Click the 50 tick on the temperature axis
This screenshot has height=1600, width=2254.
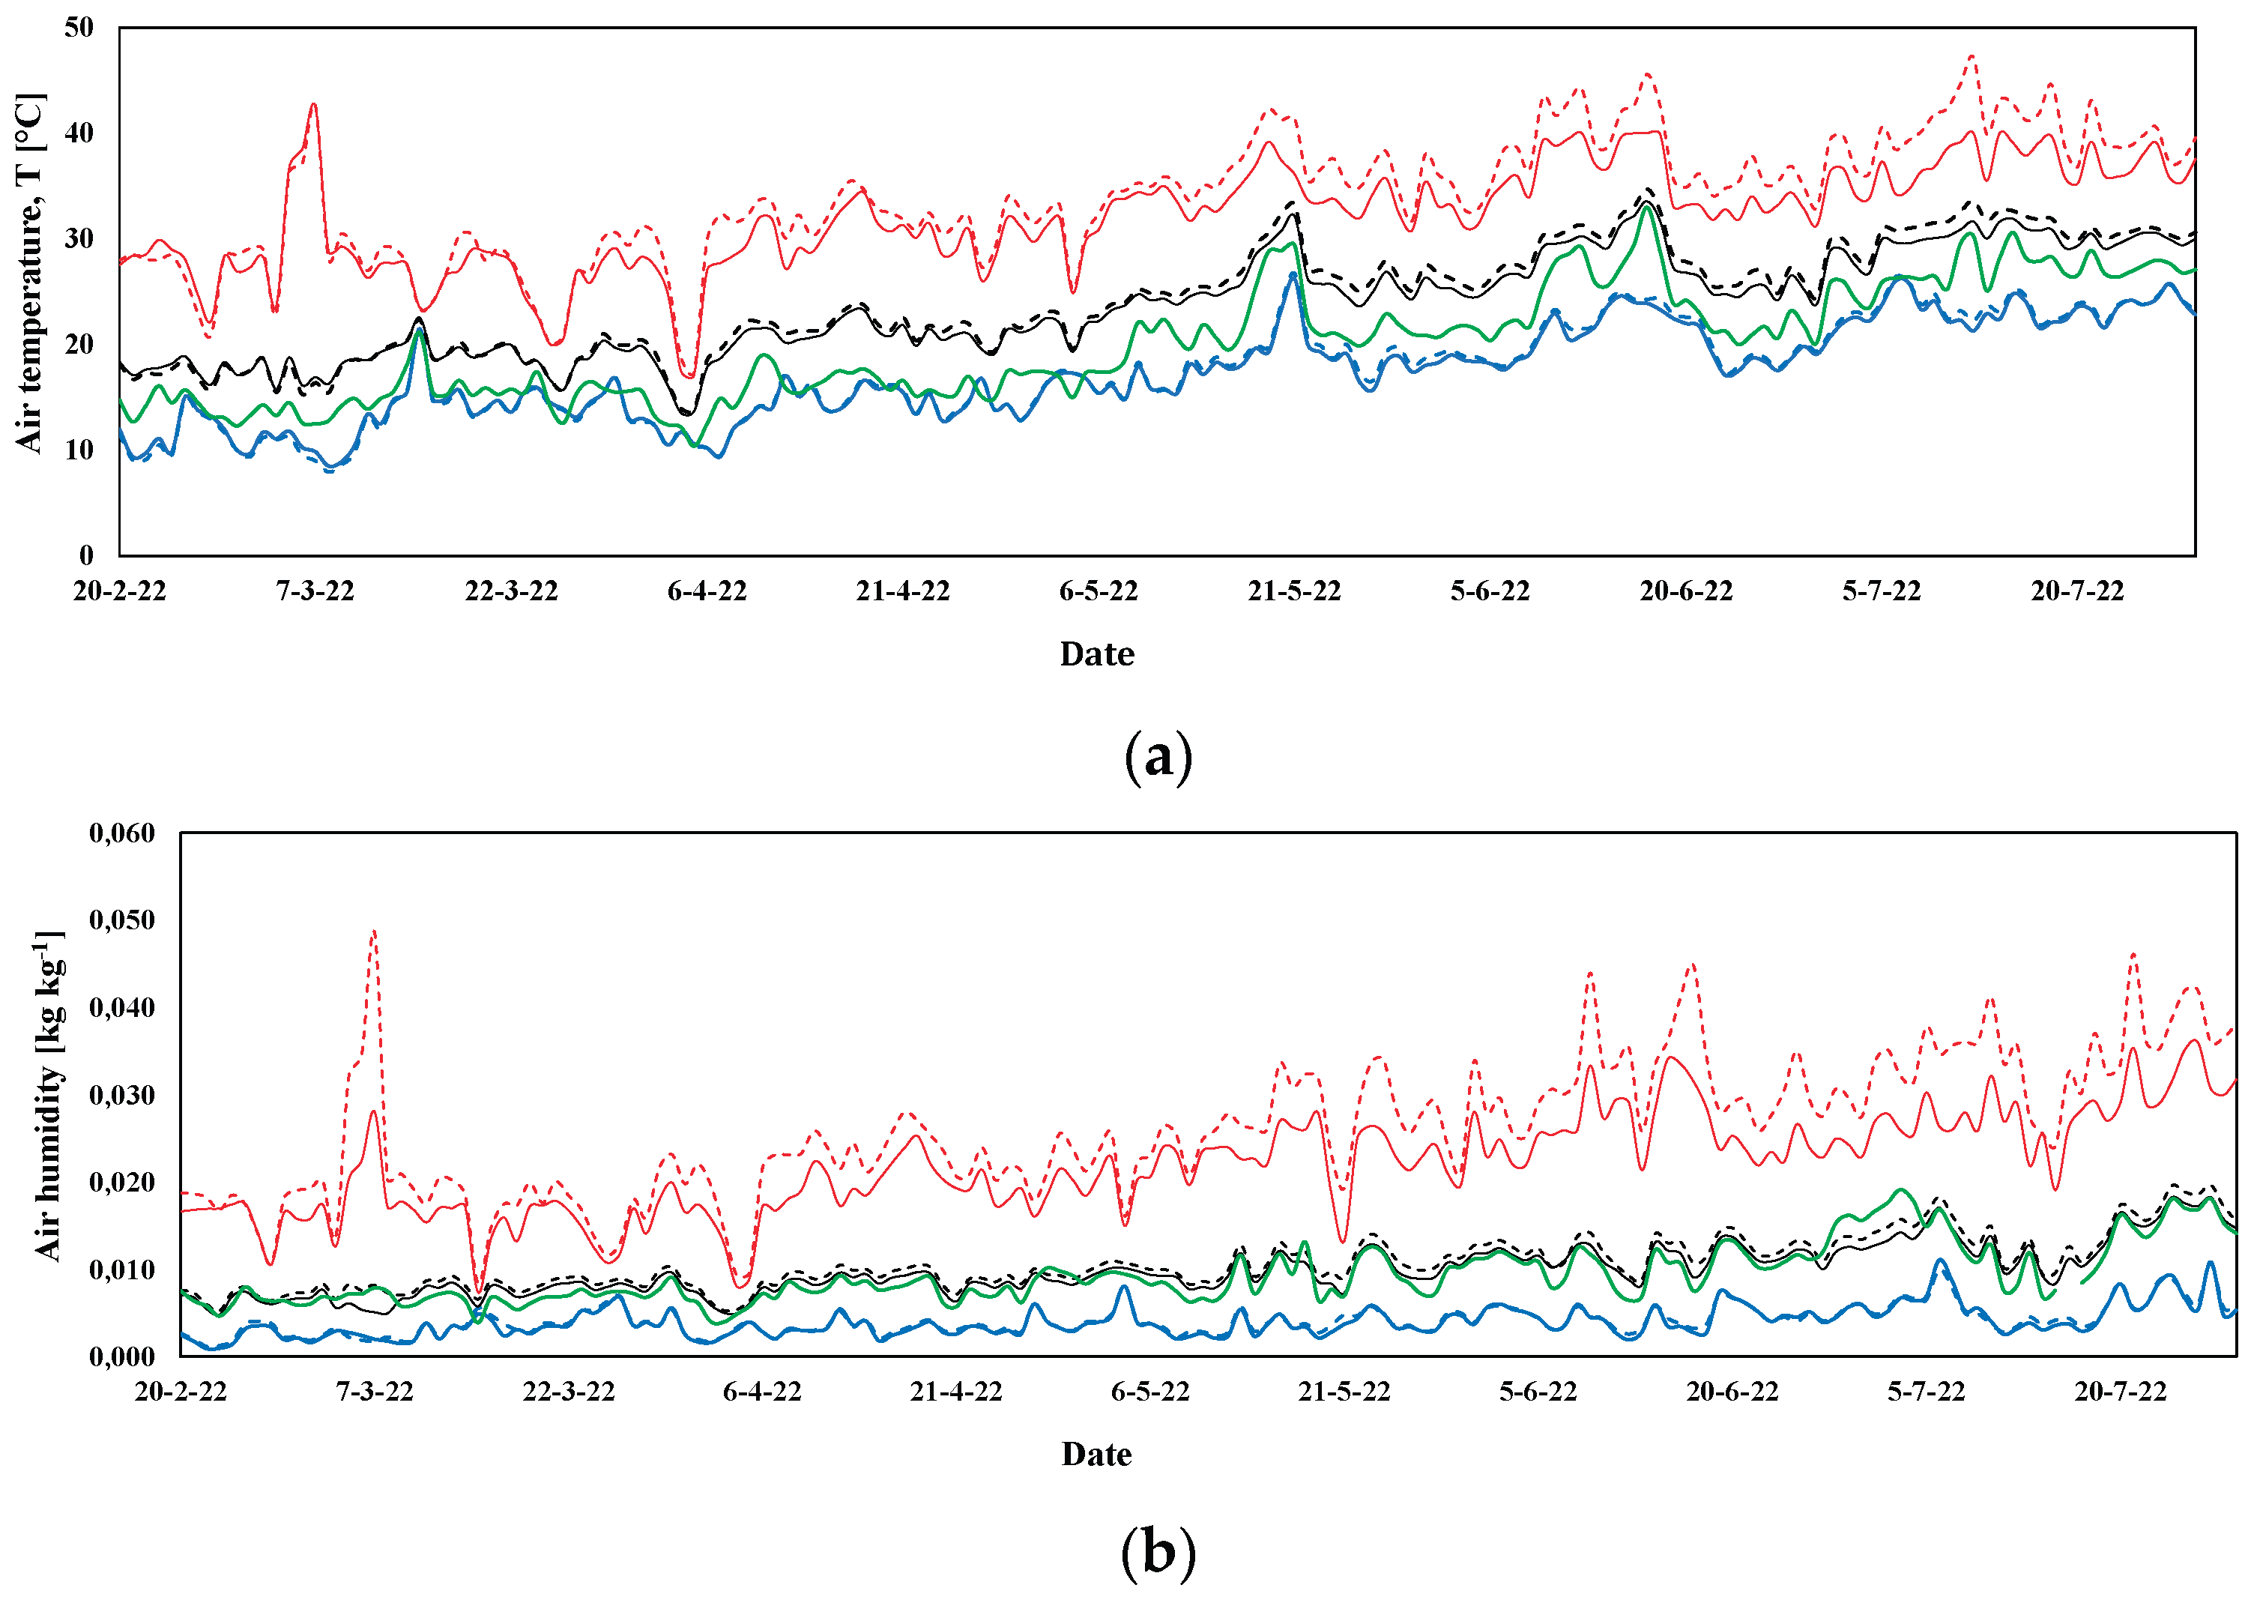(x=79, y=28)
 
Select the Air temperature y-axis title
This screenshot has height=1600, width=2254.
(x=29, y=273)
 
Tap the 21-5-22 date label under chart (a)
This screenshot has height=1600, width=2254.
(x=1293, y=591)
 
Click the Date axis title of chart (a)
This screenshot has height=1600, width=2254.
(x=1096, y=654)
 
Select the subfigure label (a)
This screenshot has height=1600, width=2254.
(x=1158, y=757)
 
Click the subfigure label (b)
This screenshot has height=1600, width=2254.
(x=1158, y=1553)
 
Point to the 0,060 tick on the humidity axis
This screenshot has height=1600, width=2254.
(x=122, y=833)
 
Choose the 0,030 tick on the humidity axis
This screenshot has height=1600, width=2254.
(x=122, y=1096)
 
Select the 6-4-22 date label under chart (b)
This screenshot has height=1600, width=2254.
(x=761, y=1392)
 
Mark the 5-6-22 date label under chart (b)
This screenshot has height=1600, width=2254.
(x=1538, y=1392)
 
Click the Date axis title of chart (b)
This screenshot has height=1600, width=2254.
(x=1096, y=1454)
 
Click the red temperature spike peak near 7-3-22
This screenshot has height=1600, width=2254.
(x=313, y=104)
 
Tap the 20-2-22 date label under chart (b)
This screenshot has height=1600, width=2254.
(x=181, y=1392)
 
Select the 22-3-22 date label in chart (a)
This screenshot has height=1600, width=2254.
(x=511, y=591)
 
